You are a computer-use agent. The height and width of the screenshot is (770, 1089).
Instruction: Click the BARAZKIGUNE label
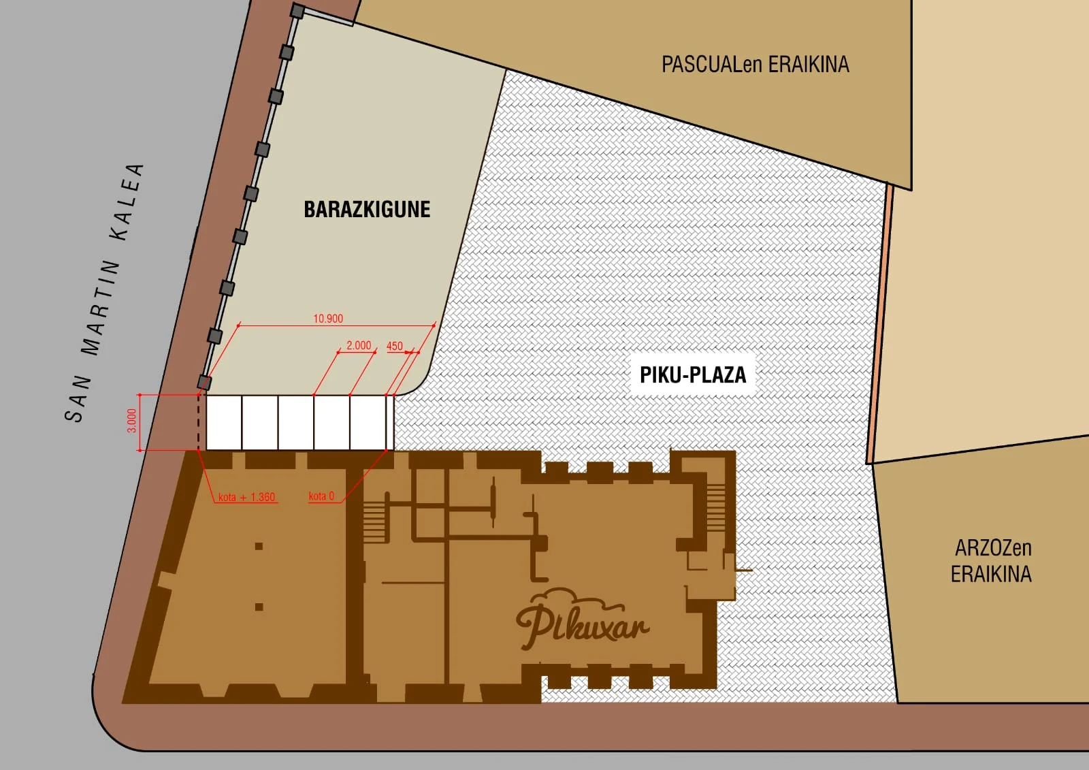click(367, 210)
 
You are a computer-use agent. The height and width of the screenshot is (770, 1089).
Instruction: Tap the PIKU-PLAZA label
click(693, 375)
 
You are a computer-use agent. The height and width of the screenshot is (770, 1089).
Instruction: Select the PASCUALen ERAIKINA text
click(755, 64)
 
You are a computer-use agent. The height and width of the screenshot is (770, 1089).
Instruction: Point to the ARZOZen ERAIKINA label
click(991, 561)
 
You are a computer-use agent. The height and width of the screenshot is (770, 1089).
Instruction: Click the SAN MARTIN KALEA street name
click(104, 293)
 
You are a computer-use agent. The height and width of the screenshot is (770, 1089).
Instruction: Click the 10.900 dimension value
click(328, 319)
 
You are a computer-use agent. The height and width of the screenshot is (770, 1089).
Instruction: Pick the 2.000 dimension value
click(359, 345)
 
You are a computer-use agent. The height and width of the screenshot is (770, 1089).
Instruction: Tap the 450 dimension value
click(395, 347)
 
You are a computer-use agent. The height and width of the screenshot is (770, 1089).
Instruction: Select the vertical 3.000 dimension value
click(132, 421)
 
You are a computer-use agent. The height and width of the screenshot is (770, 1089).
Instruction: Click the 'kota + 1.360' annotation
click(246, 497)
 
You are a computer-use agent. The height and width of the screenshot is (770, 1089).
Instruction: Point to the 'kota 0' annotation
click(321, 496)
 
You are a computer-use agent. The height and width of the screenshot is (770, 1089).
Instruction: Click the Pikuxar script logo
click(583, 619)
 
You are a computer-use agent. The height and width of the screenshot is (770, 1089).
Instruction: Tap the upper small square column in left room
click(259, 546)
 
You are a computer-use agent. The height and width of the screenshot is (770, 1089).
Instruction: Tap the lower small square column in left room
click(259, 607)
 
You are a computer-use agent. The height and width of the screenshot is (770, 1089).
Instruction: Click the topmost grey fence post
click(297, 11)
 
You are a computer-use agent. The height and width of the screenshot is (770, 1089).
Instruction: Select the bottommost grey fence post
click(204, 383)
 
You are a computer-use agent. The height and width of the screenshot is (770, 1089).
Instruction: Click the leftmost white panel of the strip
click(224, 423)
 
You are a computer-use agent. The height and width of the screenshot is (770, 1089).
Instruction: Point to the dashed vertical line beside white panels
click(198, 423)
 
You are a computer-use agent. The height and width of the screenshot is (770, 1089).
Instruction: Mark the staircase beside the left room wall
click(374, 520)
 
